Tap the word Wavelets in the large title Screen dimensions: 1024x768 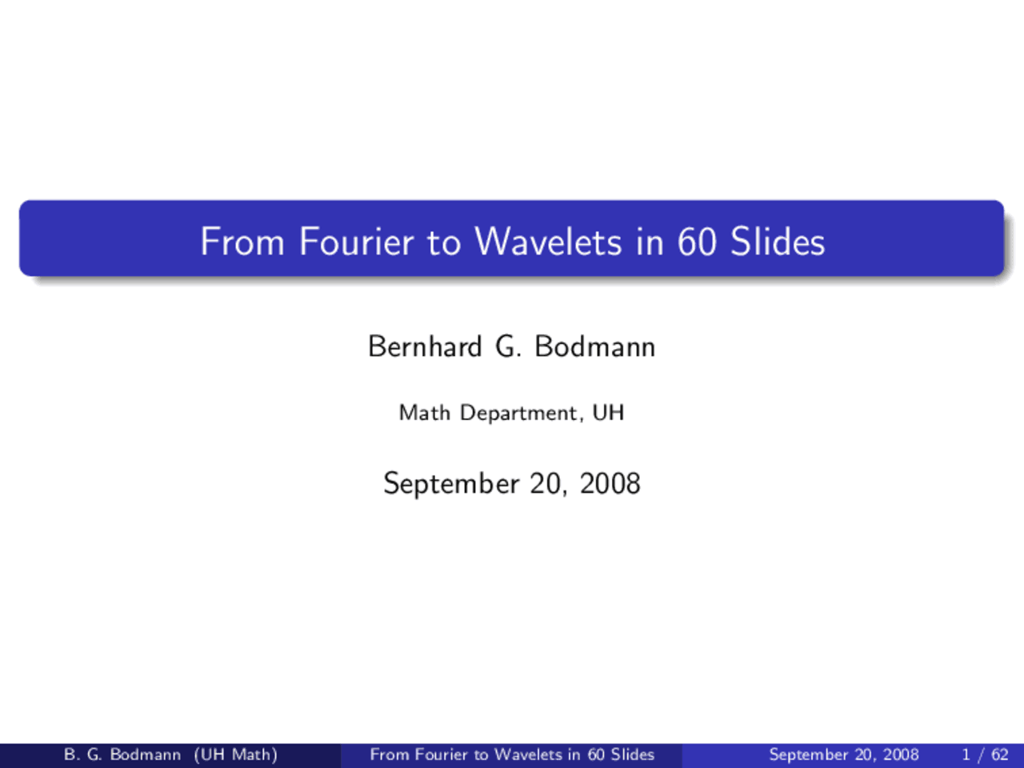click(x=548, y=242)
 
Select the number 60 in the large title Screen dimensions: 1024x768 click(x=697, y=242)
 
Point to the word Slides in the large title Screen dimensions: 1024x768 click(x=778, y=242)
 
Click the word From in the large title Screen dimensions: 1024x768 click(x=242, y=242)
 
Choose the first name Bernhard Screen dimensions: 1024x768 click(x=425, y=346)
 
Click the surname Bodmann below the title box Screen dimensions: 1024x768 click(x=595, y=346)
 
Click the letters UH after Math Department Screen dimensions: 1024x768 click(x=608, y=412)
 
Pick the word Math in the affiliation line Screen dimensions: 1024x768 click(x=425, y=412)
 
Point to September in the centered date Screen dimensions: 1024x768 click(x=451, y=483)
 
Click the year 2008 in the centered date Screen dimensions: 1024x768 click(x=610, y=483)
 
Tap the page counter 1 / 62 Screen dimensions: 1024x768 click(x=986, y=754)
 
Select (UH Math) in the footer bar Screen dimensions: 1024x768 click(x=236, y=754)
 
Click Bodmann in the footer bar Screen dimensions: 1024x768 click(x=146, y=754)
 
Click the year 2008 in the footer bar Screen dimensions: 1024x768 click(x=902, y=754)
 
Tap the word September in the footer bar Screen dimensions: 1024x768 click(x=808, y=755)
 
